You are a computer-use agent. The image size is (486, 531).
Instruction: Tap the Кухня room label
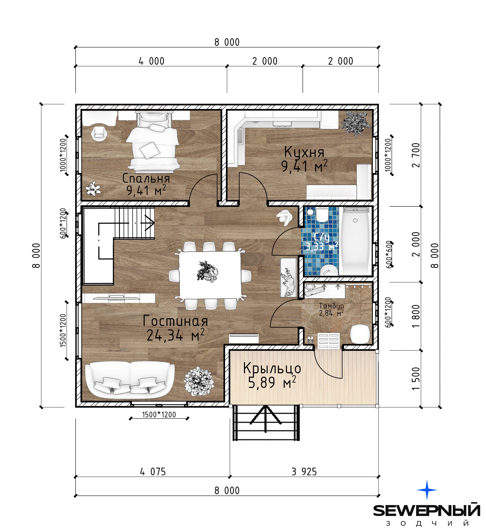point(304,152)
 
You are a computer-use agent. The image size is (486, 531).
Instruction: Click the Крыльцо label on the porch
point(272,368)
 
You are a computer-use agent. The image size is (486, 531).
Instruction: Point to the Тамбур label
point(331,306)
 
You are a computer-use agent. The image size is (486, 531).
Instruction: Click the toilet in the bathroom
point(322,215)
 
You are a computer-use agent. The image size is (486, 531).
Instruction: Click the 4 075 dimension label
point(153,471)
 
